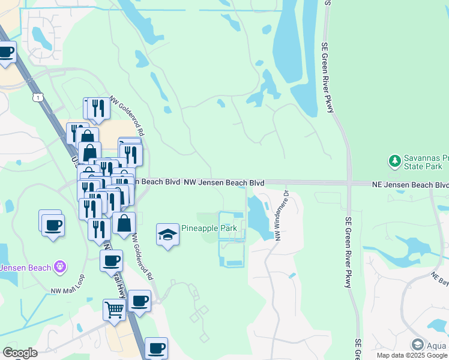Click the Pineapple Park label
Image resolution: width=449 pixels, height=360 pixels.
coord(209,229)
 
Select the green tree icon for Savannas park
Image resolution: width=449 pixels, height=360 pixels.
coord(394,161)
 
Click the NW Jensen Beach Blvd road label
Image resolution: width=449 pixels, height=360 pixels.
coord(224,182)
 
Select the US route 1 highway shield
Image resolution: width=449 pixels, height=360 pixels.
coord(38,97)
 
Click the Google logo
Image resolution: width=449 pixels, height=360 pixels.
coord(19,352)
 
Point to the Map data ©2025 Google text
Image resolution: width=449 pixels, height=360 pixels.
coord(412,355)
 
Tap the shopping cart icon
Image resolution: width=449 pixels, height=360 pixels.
coord(114,310)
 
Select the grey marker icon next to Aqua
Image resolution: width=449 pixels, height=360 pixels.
coord(418,344)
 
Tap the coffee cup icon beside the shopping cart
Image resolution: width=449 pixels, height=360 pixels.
coord(139,301)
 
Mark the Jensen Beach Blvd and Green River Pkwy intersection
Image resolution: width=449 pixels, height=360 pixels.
coord(348,183)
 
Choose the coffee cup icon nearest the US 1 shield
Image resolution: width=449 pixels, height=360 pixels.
coord(7,52)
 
